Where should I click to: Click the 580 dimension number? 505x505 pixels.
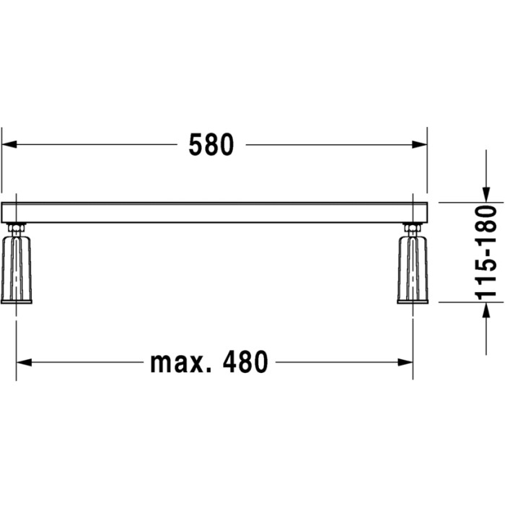pos(211,145)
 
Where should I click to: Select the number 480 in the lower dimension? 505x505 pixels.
pos(245,362)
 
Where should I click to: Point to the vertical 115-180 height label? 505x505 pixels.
pos(486,252)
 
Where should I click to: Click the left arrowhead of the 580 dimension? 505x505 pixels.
pos(9,144)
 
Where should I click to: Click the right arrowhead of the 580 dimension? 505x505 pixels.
pos(420,144)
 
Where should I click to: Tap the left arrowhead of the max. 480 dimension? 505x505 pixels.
pos(24,362)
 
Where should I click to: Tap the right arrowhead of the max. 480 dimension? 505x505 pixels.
pos(405,362)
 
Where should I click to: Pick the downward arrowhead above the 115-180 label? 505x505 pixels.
pos(486,195)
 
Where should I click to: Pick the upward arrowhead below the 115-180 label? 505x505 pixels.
pos(486,310)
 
